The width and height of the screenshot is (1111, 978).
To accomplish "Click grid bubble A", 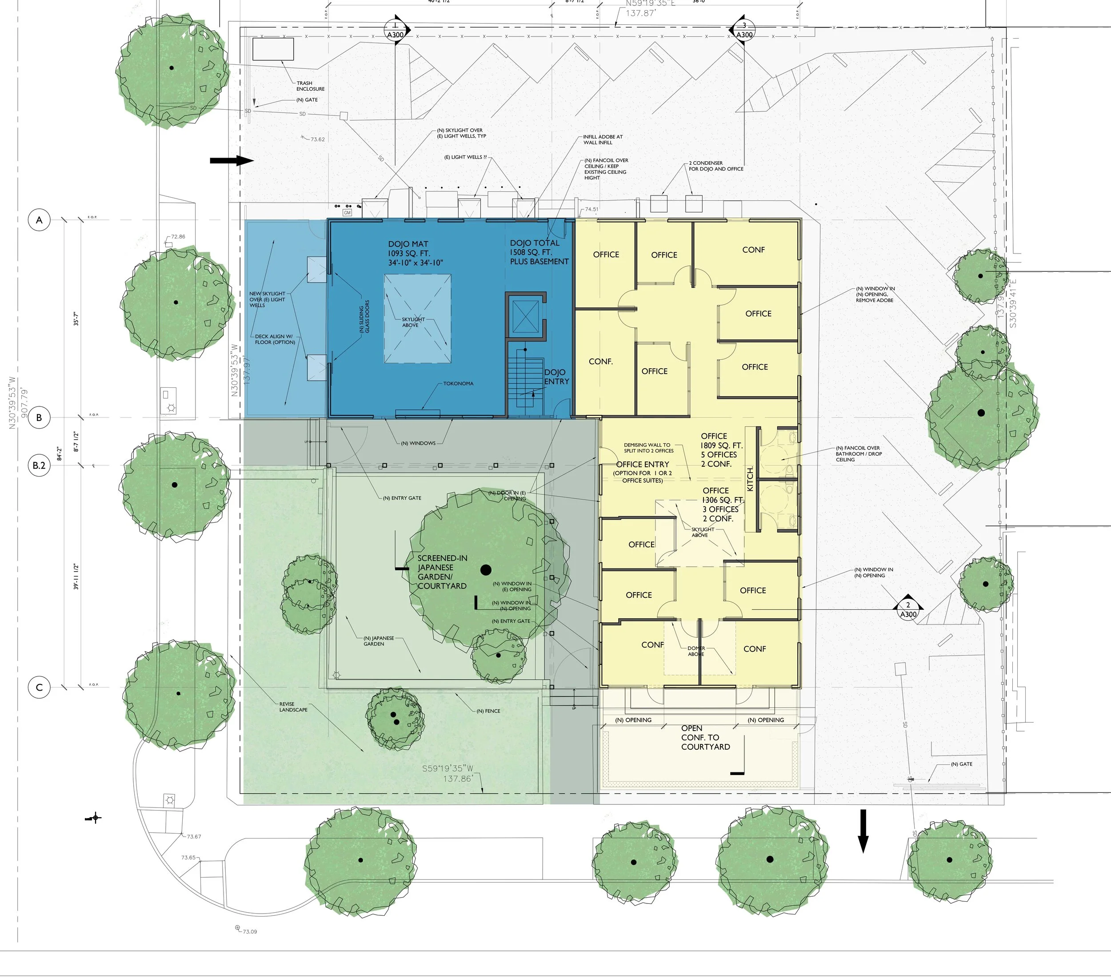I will (x=39, y=220).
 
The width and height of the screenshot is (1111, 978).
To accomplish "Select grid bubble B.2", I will (x=39, y=465).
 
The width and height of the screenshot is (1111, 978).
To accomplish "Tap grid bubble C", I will (x=39, y=688).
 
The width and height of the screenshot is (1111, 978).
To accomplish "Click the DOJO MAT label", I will (x=408, y=244).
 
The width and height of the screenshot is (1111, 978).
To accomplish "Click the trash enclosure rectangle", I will (x=273, y=49).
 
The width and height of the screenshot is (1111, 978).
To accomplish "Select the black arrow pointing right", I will (x=232, y=161).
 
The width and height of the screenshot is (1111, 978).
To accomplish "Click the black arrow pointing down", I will (x=863, y=831).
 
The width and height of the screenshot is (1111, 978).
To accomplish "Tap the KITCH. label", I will (x=751, y=479).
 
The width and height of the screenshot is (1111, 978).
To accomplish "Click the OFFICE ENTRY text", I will (x=643, y=465).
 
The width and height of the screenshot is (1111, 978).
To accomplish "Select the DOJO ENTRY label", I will (x=556, y=377).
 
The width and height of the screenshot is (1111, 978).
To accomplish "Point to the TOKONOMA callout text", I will (x=458, y=384).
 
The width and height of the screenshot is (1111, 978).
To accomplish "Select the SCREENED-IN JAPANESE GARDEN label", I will (x=442, y=572).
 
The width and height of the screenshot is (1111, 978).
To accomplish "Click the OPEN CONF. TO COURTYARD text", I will (x=705, y=738).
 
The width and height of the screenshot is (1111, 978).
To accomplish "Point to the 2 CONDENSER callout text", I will (x=716, y=166).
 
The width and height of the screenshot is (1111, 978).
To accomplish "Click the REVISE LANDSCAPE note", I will (x=293, y=707).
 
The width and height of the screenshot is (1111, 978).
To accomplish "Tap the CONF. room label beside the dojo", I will (x=601, y=362).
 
